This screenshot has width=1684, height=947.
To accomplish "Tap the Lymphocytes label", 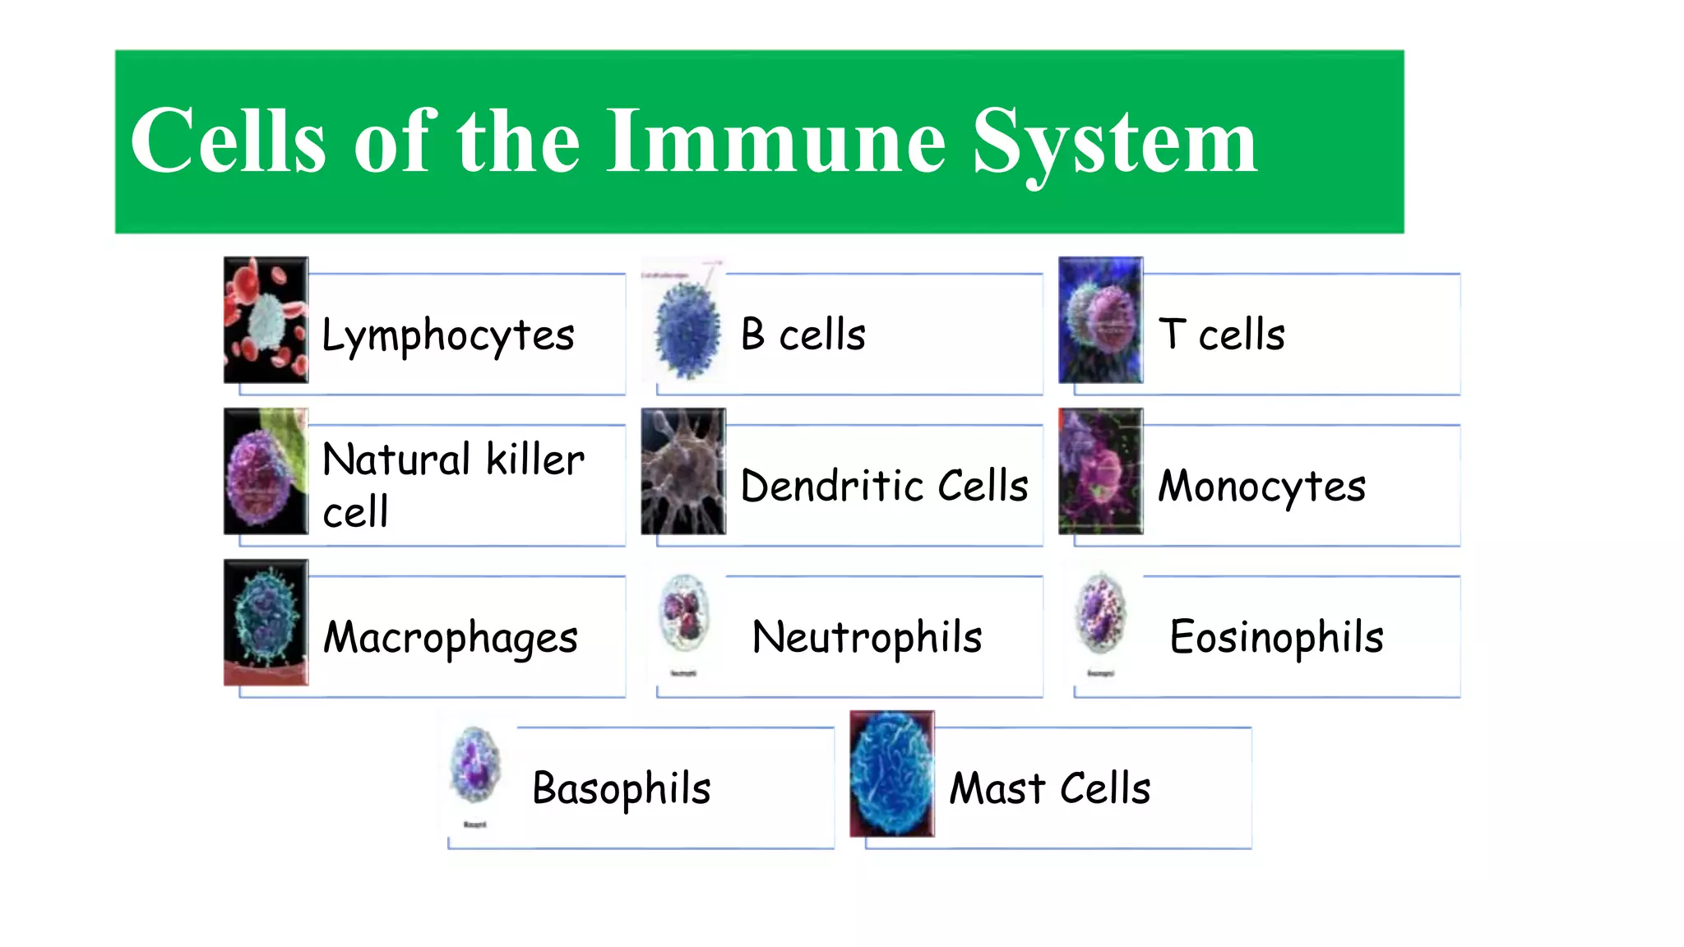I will [x=447, y=335].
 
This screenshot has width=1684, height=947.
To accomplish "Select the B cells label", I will [x=803, y=335].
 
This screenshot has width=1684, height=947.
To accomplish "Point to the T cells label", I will [x=1221, y=335].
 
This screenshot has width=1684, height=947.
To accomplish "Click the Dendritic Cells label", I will [x=884, y=485].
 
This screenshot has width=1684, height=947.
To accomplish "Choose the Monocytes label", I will [x=1261, y=486].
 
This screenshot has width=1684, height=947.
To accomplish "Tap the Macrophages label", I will [x=451, y=638].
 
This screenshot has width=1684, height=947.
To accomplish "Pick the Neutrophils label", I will [x=867, y=637].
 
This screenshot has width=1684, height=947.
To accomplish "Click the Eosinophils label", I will [x=1276, y=637].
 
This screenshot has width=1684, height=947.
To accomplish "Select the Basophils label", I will [x=621, y=789].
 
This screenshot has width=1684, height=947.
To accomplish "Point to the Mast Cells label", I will [x=1049, y=788].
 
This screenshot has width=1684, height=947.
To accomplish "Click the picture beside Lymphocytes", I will [x=266, y=320].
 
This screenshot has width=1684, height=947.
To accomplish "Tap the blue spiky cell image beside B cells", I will [x=686, y=328].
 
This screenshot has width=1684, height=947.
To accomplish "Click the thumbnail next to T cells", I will [x=1100, y=320].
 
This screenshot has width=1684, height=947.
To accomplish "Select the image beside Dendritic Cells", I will [x=683, y=471].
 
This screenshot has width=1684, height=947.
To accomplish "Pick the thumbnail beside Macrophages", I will [x=266, y=622].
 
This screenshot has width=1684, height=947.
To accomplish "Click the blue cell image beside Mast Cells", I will [x=891, y=774].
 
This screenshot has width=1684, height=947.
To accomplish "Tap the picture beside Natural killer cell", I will [x=266, y=471].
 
